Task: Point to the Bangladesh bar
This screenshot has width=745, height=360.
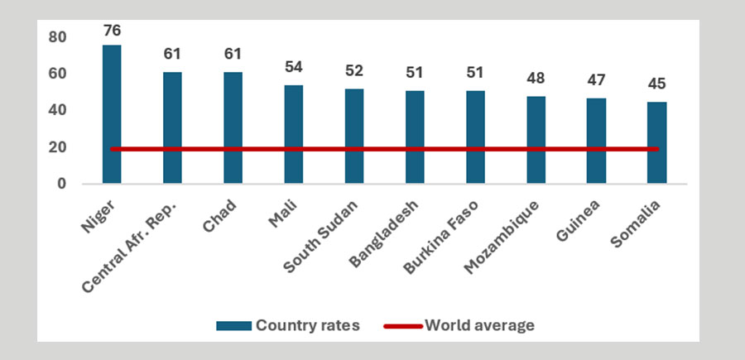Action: click(x=415, y=137)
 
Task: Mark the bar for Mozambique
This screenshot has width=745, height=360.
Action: click(x=536, y=139)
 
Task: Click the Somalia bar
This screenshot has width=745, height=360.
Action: click(x=656, y=142)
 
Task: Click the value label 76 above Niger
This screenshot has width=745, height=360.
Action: click(x=112, y=31)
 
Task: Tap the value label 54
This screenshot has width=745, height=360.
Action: click(x=293, y=67)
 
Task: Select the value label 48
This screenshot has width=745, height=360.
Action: click(x=536, y=79)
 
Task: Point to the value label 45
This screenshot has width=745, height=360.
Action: click(x=656, y=84)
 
